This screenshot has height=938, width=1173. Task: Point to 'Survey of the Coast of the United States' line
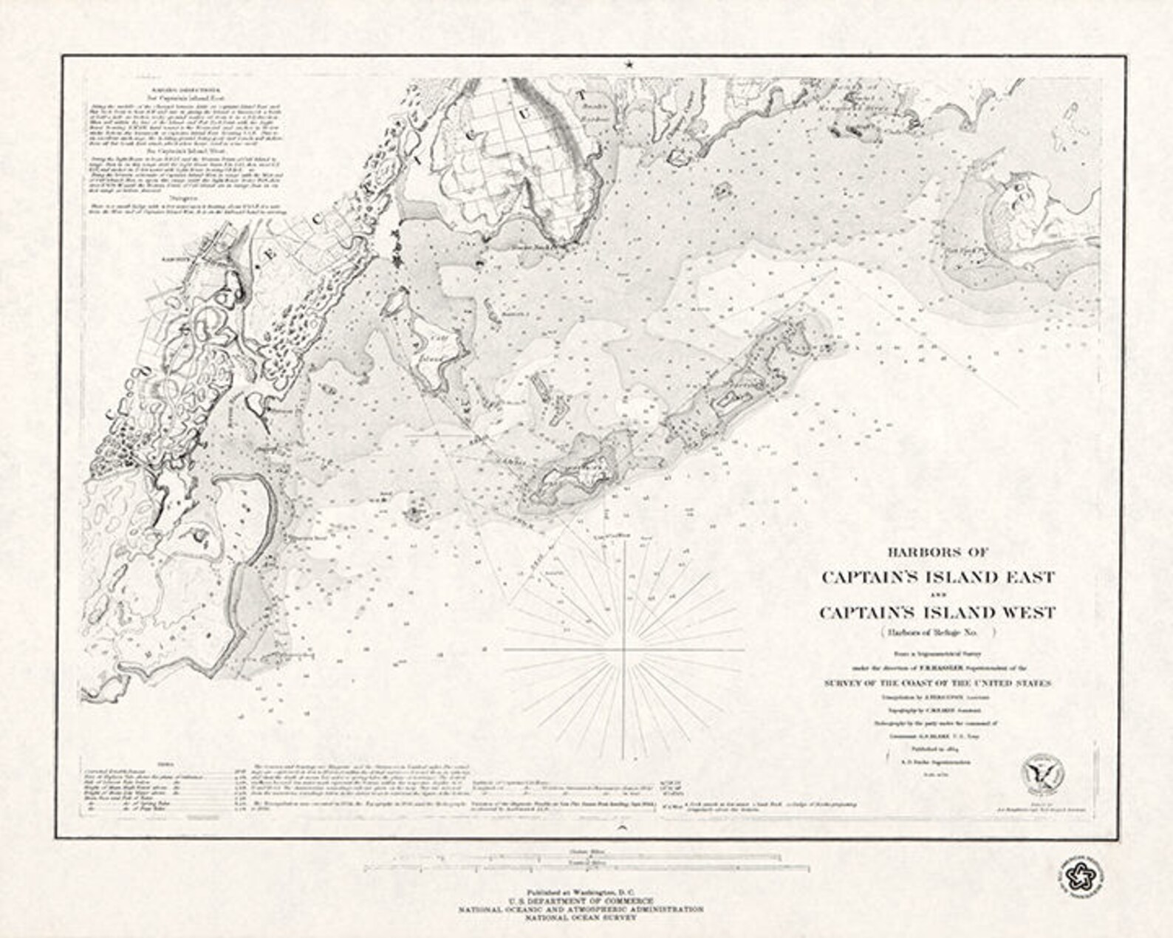pyautogui.click(x=937, y=684)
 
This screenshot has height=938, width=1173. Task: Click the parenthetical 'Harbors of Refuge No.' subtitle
pyautogui.click(x=937, y=632)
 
